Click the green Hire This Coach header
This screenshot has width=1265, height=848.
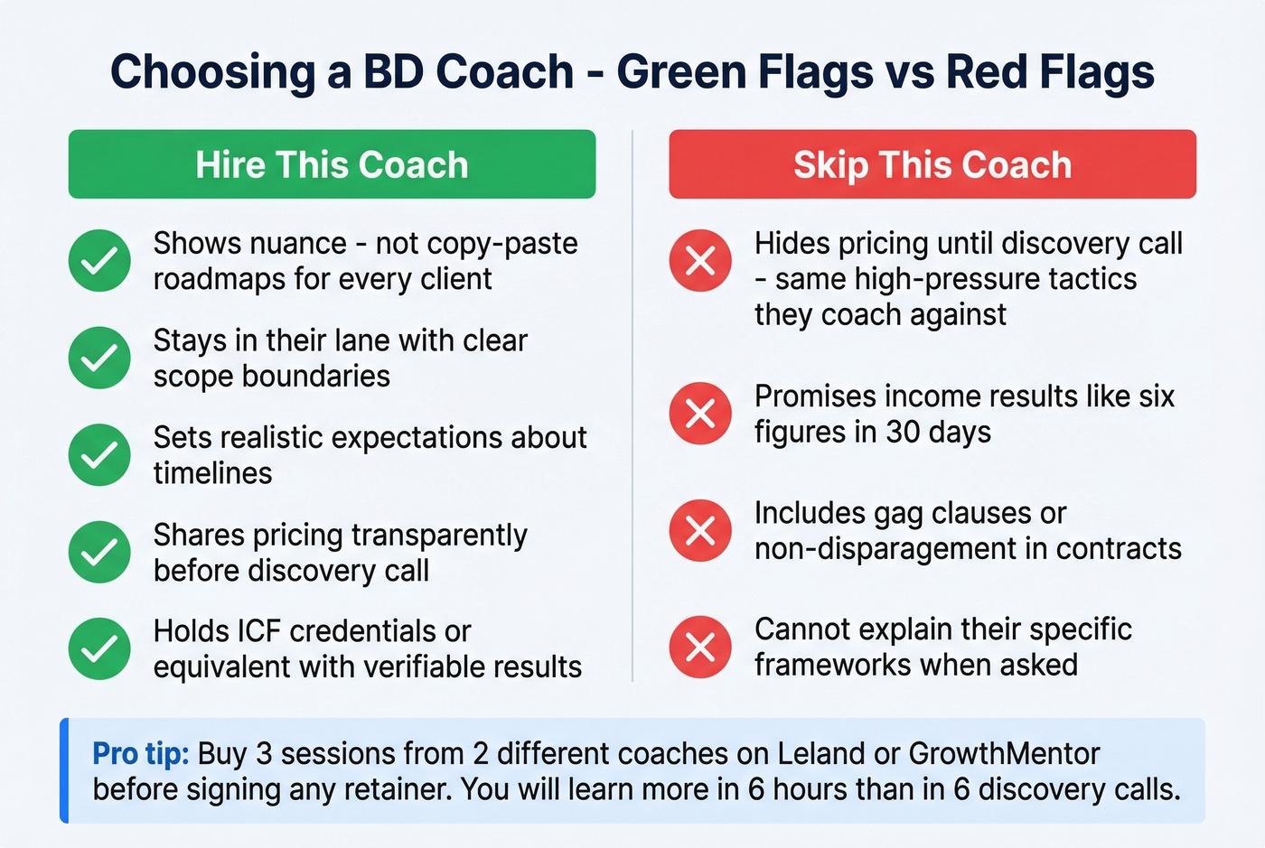coord(332,164)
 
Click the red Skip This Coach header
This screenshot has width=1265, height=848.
coord(932,164)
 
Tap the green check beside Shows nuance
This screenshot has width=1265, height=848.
coord(99,261)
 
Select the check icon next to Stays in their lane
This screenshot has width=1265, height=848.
coord(99,358)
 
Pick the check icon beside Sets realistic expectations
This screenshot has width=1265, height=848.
coord(99,455)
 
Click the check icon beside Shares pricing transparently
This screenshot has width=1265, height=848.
coord(99,552)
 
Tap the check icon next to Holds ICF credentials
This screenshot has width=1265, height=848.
coord(99,648)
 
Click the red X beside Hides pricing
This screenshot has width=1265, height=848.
coord(700,261)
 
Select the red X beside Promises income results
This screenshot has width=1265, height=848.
coord(700,414)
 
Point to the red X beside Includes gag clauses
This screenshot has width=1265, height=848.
coord(700,530)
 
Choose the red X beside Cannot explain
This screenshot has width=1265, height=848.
coord(700,647)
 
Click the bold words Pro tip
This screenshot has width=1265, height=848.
coord(140,753)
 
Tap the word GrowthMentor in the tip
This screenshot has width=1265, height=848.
coord(1004,753)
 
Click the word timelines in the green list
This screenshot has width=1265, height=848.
coord(212,473)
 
